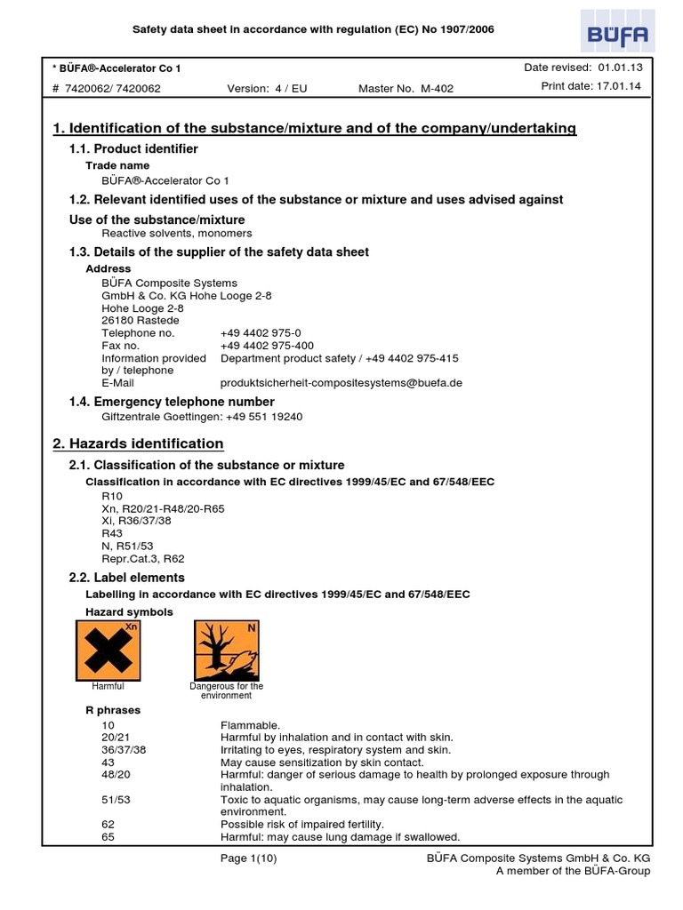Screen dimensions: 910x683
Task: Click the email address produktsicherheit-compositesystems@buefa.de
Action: point(341,383)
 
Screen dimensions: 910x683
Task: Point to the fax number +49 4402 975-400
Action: point(267,346)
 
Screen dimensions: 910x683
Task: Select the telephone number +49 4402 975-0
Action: point(261,333)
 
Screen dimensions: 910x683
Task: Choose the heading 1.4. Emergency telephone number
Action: point(172,402)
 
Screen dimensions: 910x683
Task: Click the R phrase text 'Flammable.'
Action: point(250,725)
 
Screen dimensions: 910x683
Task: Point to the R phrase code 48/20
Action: point(116,775)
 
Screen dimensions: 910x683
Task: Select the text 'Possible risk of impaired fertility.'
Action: point(301,825)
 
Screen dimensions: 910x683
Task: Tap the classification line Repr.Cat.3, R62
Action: point(143,559)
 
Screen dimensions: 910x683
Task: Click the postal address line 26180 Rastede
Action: point(141,321)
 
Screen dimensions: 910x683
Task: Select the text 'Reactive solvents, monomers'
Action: point(176,233)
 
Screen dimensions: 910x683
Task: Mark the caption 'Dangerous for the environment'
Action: point(227,690)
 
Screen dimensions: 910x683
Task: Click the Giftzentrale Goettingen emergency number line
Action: point(202,416)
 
